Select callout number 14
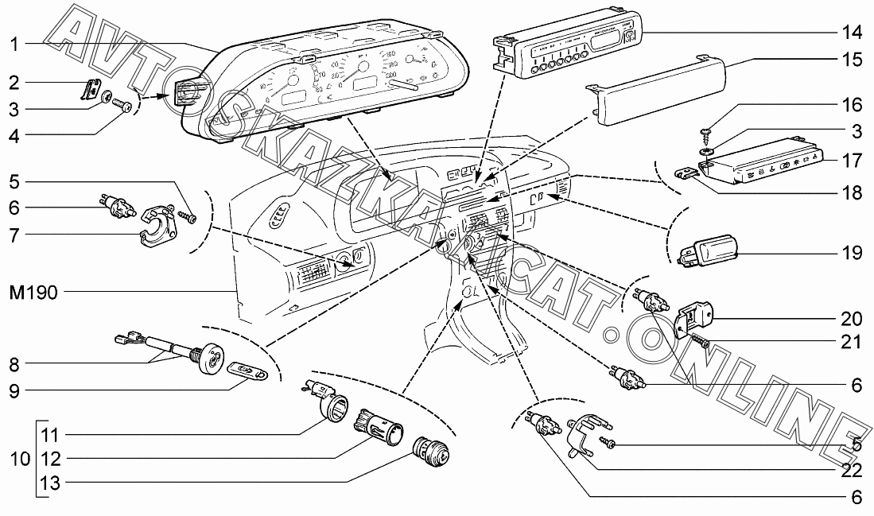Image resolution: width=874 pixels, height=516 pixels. [x=852, y=33]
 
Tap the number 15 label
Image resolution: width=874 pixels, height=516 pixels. [x=852, y=60]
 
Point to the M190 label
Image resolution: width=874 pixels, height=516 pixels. [x=33, y=293]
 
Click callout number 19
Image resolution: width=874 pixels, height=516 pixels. [x=852, y=254]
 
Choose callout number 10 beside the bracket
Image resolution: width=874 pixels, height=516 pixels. [x=23, y=460]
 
